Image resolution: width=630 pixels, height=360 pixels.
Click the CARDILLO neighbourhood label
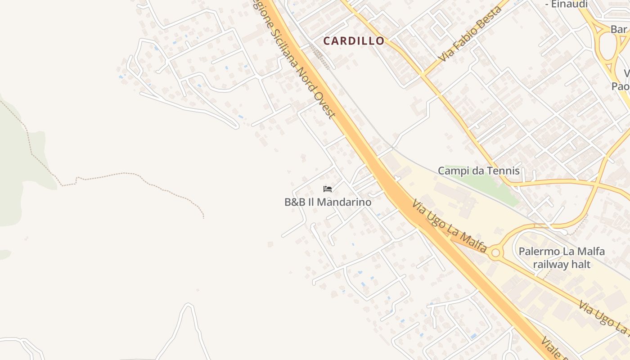[x=354, y=41]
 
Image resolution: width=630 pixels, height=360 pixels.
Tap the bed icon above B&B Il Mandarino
[x=328, y=189]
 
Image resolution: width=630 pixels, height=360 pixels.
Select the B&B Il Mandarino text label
[x=328, y=202]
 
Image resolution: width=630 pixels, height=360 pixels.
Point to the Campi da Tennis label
[x=478, y=171]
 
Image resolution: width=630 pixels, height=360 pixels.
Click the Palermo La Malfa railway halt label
[x=562, y=257]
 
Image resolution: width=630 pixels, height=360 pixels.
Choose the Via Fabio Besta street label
[x=471, y=34]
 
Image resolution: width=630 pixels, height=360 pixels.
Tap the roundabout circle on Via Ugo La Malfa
[x=495, y=253]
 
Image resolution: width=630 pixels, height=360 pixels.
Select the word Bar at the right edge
[x=619, y=29]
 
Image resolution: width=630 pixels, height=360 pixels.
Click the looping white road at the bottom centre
[x=188, y=315]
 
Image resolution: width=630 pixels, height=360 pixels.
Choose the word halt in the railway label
[x=580, y=264]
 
